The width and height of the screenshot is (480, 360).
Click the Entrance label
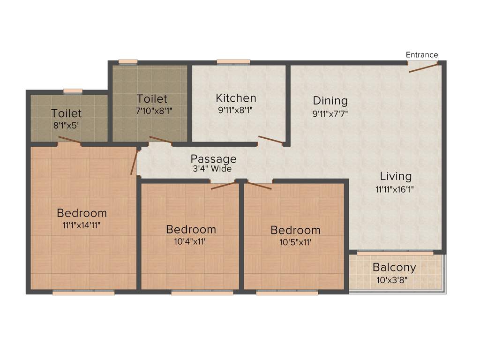click(x=422, y=55)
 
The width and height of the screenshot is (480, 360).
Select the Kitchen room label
click(x=236, y=98)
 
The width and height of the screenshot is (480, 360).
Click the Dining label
click(x=330, y=101)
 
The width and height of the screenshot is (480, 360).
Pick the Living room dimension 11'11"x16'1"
click(x=394, y=189)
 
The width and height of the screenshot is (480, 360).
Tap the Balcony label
click(x=394, y=268)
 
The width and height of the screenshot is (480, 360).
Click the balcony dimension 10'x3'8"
click(x=394, y=280)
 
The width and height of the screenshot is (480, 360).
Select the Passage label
click(x=213, y=159)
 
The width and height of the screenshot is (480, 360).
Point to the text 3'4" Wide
click(x=212, y=169)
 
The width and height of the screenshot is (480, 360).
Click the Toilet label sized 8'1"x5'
click(x=67, y=113)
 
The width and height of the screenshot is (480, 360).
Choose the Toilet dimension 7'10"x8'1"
click(x=152, y=111)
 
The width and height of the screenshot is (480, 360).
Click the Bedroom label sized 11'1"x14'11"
click(x=82, y=213)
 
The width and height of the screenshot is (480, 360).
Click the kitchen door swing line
click(x=270, y=140)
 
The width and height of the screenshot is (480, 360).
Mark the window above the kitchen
click(x=233, y=61)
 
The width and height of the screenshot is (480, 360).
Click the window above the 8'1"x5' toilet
click(x=73, y=90)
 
